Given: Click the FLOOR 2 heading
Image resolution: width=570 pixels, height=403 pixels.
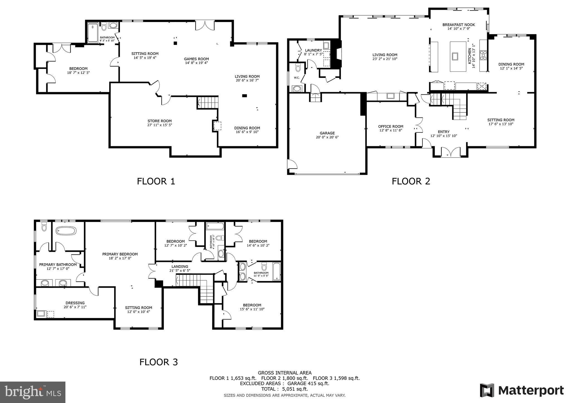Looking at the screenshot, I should coord(411,181).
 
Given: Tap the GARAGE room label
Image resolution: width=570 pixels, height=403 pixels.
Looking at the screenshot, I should coord(327,133).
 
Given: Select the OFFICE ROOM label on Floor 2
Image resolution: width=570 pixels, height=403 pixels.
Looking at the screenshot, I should coord(390,126).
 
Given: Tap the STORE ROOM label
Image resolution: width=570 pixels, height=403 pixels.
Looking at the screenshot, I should coord(159,121).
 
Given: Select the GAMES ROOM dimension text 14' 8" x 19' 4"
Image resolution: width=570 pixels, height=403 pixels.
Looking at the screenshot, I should coord(196,63).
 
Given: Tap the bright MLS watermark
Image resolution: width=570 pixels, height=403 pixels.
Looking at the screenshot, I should coord(33,392).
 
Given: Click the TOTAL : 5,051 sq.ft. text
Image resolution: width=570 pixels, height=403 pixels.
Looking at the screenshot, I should coord(284,389).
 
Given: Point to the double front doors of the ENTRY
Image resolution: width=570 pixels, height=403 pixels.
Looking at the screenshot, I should coord(451,153).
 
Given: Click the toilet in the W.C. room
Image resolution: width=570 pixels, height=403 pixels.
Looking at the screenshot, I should coord(298,68).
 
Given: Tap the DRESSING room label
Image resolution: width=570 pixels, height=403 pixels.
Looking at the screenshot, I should coord(75,303).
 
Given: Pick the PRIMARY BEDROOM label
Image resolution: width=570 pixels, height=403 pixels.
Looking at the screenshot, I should coord(120,254).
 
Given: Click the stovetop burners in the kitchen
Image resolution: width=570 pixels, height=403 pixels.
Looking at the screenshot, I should coord(483,55).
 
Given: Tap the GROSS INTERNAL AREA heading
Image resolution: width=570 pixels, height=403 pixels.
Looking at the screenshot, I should coord(284,373).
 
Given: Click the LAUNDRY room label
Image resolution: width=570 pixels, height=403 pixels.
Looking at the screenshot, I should coord(313,50).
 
